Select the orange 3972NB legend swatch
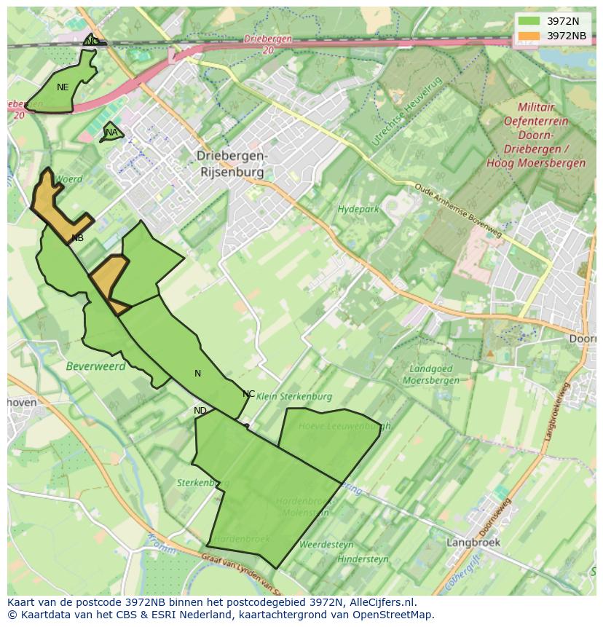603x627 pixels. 529,36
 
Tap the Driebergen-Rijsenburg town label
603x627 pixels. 232,165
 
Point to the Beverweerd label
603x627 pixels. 95,366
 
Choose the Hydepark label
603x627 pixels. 358,210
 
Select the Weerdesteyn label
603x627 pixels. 326,544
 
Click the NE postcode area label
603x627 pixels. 63,87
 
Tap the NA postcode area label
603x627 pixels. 111,133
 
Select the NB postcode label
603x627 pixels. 77,238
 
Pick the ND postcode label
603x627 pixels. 200,411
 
